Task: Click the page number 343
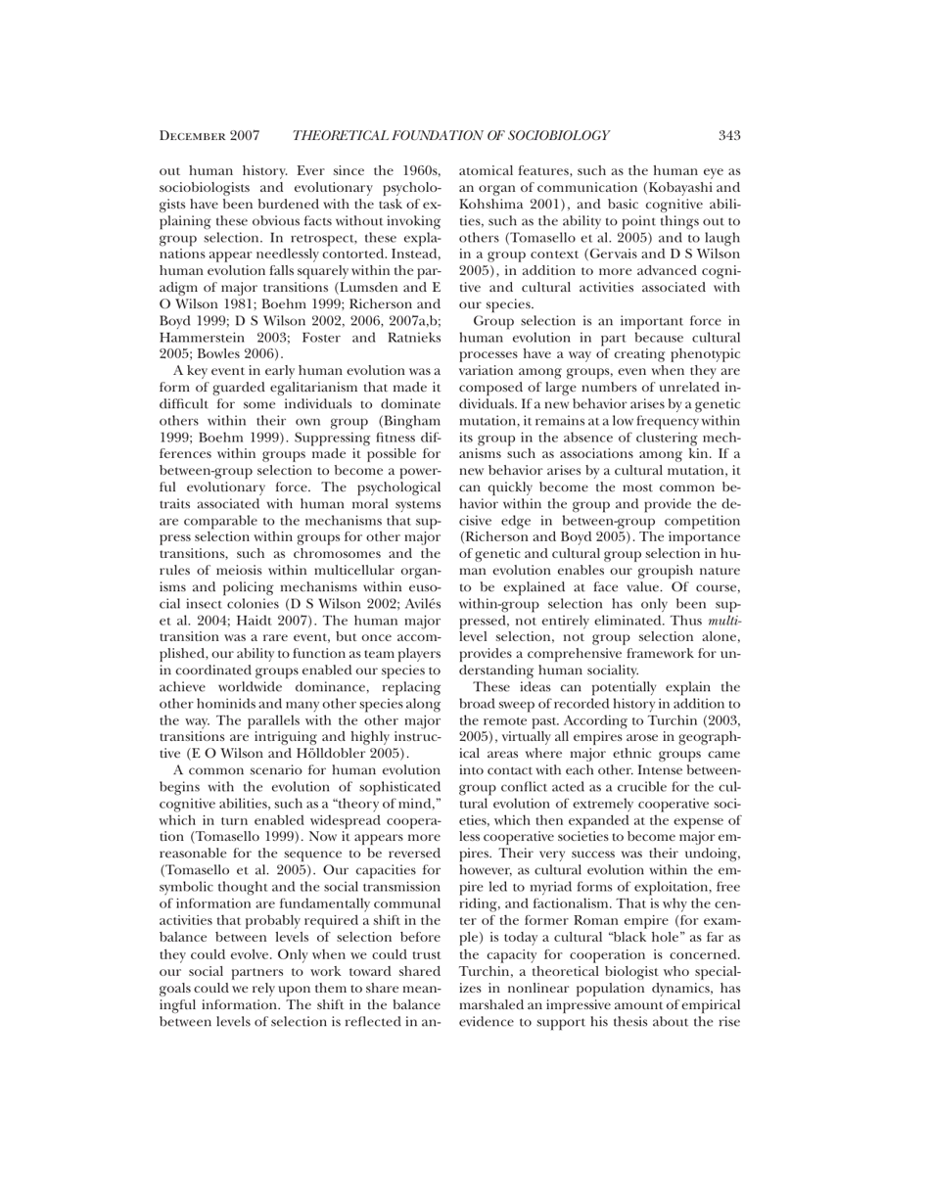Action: tap(728, 135)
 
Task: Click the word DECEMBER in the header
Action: tap(195, 135)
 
